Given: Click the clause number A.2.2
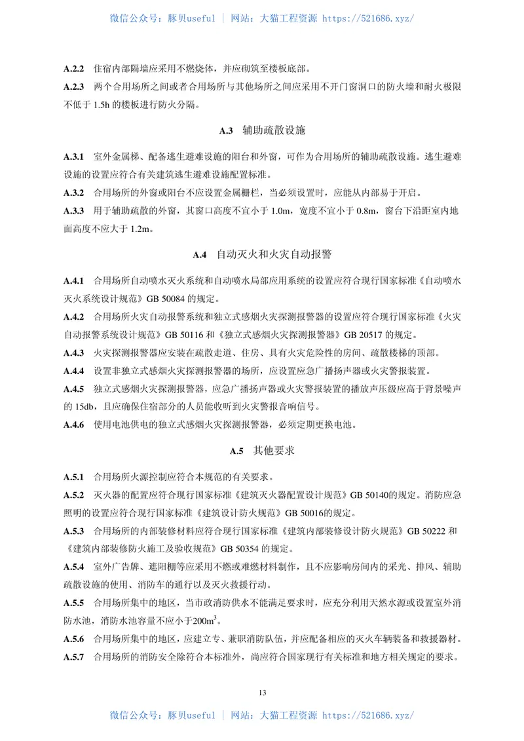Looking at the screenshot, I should coord(74,68).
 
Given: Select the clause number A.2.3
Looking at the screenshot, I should coord(74,86).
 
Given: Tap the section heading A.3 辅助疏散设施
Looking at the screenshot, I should coord(262,130).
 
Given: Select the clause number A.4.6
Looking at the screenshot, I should coord(74,424).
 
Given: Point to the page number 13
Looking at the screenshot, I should coord(262,693).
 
